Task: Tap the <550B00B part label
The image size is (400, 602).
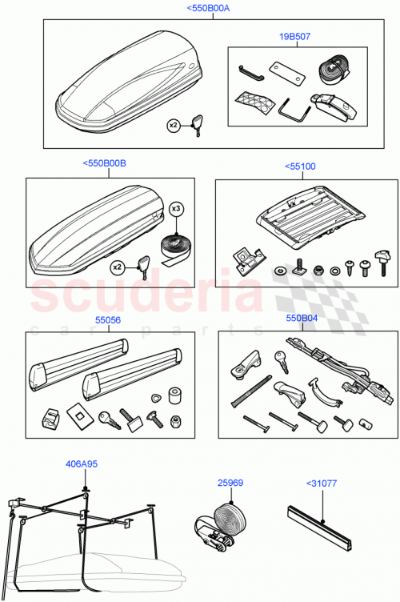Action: pos(104,163)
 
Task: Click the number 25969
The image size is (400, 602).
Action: pos(229,483)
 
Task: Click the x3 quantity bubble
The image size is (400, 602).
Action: pos(177,209)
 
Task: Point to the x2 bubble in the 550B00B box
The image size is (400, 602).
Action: pos(117,267)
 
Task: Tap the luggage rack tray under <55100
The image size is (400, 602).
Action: pos(297,220)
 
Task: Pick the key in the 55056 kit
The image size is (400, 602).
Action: pos(105,417)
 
